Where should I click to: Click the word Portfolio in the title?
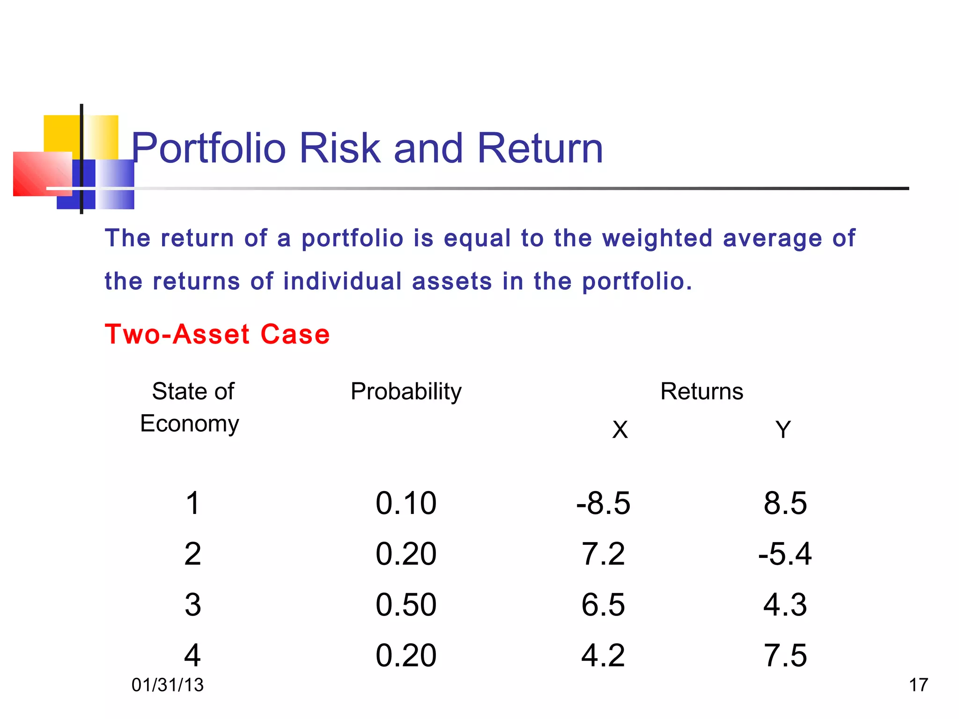[x=208, y=148]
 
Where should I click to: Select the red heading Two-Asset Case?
[x=217, y=334]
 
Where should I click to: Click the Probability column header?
[x=406, y=391]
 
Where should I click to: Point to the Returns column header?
[x=701, y=391]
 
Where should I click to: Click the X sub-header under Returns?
[x=620, y=429]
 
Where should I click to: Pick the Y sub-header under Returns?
[x=783, y=429]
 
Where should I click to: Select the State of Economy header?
[x=191, y=407]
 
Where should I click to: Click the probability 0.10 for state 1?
[x=406, y=504]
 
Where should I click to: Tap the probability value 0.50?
[x=406, y=605]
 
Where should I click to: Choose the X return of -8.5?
[x=603, y=504]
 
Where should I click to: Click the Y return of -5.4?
[x=785, y=554]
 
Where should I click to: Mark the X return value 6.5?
[x=603, y=605]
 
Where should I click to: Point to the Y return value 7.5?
[x=785, y=655]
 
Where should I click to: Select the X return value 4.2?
[x=603, y=655]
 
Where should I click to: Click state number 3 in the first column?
[x=193, y=605]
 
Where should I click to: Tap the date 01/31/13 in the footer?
[x=168, y=685]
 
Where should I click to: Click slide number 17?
[x=918, y=685]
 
